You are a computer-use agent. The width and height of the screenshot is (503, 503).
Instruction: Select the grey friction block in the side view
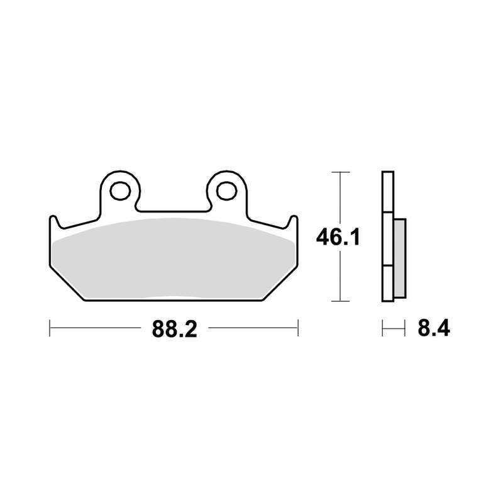click(x=400, y=258)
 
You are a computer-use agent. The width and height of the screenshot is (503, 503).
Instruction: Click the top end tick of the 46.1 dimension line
click(x=340, y=172)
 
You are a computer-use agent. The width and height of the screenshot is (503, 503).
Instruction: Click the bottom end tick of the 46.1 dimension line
click(x=340, y=302)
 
